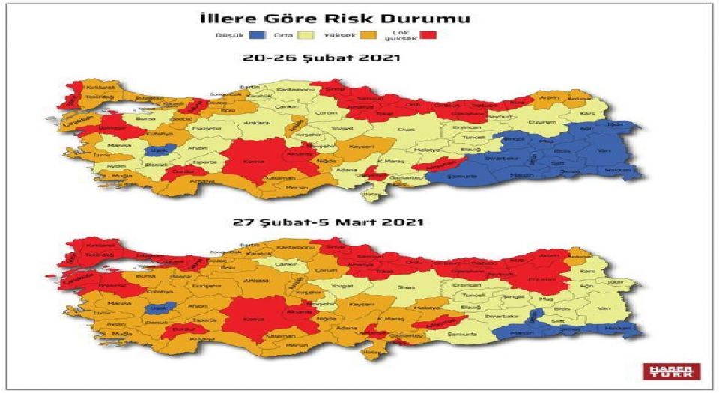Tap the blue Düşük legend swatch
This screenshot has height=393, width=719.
pos(258,35)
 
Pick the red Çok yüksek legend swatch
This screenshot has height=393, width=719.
pos(428,35)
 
